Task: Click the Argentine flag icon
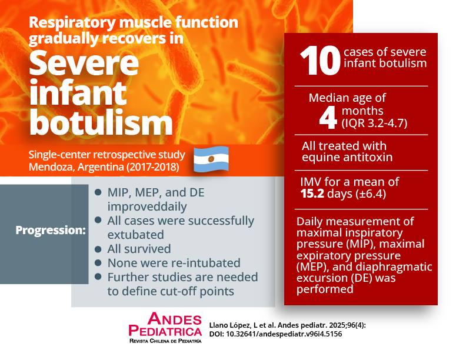pyautogui.click(x=211, y=159)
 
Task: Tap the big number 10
pyautogui.click(x=320, y=61)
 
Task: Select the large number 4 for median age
pyautogui.click(x=328, y=118)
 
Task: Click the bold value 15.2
pyautogui.click(x=312, y=194)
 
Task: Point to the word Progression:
pyautogui.click(x=51, y=230)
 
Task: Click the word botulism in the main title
pyautogui.click(x=101, y=122)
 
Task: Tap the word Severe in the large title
pyautogui.click(x=84, y=63)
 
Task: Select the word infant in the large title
pyautogui.click(x=78, y=92)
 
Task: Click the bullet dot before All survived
pyautogui.click(x=98, y=249)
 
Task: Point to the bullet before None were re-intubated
pyautogui.click(x=98, y=263)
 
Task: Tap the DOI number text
pyautogui.click(x=284, y=334)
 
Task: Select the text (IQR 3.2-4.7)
pyautogui.click(x=374, y=123)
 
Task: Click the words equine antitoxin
pyautogui.click(x=347, y=157)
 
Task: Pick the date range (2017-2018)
pyautogui.click(x=153, y=167)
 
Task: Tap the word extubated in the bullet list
pyautogui.click(x=135, y=235)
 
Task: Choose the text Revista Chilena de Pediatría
pyautogui.click(x=165, y=341)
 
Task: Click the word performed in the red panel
pyautogui.click(x=325, y=289)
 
